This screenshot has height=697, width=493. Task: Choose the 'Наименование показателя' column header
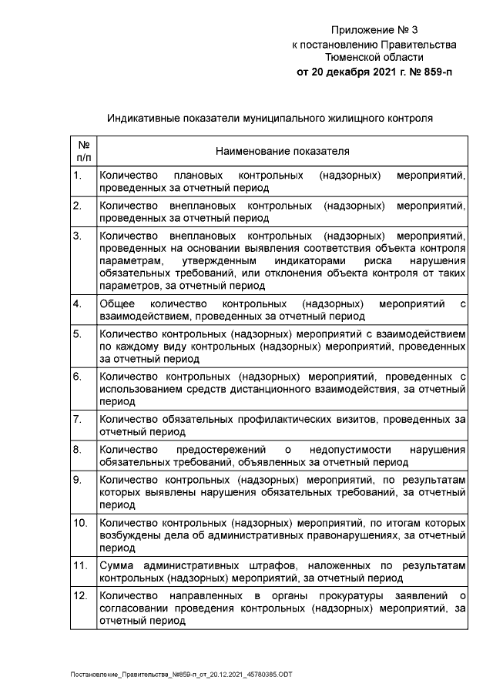coord(282,150)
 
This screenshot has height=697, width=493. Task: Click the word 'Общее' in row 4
coord(116,303)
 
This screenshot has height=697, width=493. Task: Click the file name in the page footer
coord(181,675)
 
